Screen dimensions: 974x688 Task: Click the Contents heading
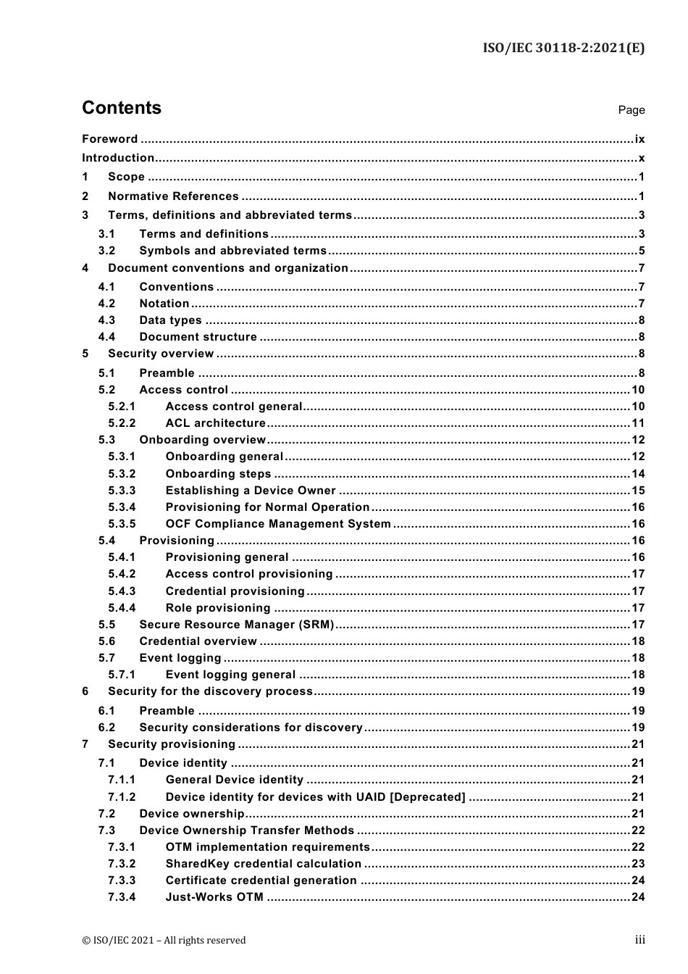[122, 108]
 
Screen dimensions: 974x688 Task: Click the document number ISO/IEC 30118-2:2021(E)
[563, 48]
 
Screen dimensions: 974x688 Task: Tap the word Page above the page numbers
[631, 110]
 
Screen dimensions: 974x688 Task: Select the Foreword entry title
[109, 139]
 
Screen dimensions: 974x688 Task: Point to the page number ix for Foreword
[639, 139]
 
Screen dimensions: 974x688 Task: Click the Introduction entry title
[118, 158]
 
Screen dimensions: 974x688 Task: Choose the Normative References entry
[173, 196]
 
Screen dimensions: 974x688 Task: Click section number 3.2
[106, 251]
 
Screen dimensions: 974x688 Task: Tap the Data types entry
[170, 320]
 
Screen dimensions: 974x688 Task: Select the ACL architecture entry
[215, 423]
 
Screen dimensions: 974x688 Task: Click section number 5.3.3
[122, 491]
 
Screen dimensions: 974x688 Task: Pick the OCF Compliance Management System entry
[278, 524]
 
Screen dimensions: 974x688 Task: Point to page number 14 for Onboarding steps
[638, 474]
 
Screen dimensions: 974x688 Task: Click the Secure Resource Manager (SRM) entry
[236, 625]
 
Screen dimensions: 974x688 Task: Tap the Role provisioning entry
[217, 608]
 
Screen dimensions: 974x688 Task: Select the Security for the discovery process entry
[210, 691]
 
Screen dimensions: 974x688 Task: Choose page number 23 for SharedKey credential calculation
[638, 864]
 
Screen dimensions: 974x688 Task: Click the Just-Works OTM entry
[214, 897]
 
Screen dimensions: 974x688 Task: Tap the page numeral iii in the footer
[639, 940]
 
